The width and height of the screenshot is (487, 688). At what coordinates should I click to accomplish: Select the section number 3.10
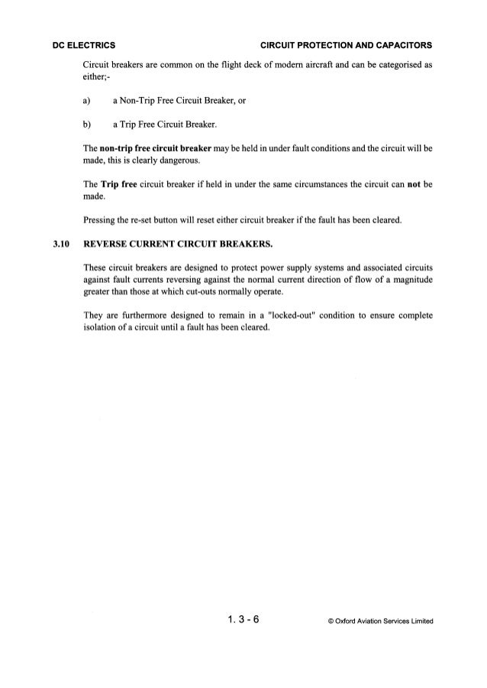click(60, 245)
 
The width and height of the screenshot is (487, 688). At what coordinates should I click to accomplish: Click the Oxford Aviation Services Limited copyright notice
click(378, 621)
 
